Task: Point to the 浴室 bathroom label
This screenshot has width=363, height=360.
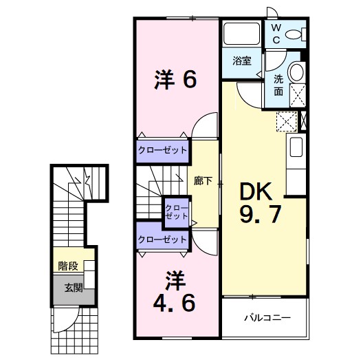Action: pyautogui.click(x=241, y=61)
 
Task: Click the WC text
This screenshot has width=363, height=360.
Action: pyautogui.click(x=274, y=34)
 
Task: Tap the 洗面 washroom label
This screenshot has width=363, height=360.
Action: pyautogui.click(x=278, y=85)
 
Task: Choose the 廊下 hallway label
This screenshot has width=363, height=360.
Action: pyautogui.click(x=203, y=181)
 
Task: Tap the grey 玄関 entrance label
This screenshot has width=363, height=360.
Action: pyautogui.click(x=74, y=288)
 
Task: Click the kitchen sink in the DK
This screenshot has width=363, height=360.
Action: pyautogui.click(x=296, y=149)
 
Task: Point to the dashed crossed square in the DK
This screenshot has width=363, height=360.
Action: pyautogui.click(x=285, y=122)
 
